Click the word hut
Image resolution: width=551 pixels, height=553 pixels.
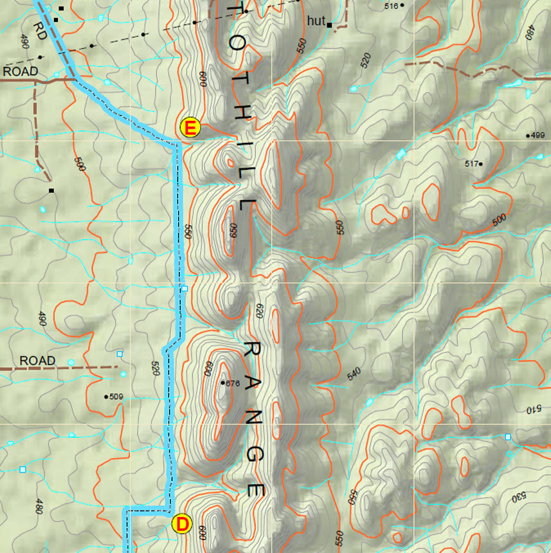point(316,21)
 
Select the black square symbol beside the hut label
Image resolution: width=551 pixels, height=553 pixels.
point(330,25)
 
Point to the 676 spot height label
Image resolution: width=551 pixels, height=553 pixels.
point(231,383)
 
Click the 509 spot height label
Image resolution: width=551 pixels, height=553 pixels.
point(116,396)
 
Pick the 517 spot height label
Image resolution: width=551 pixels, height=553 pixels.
point(472,164)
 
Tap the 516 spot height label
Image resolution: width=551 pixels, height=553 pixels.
point(391,6)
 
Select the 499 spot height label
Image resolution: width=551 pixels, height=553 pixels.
point(537,135)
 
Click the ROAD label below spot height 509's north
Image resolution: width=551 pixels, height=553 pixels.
point(37,361)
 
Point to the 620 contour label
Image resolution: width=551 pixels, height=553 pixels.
point(260,311)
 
